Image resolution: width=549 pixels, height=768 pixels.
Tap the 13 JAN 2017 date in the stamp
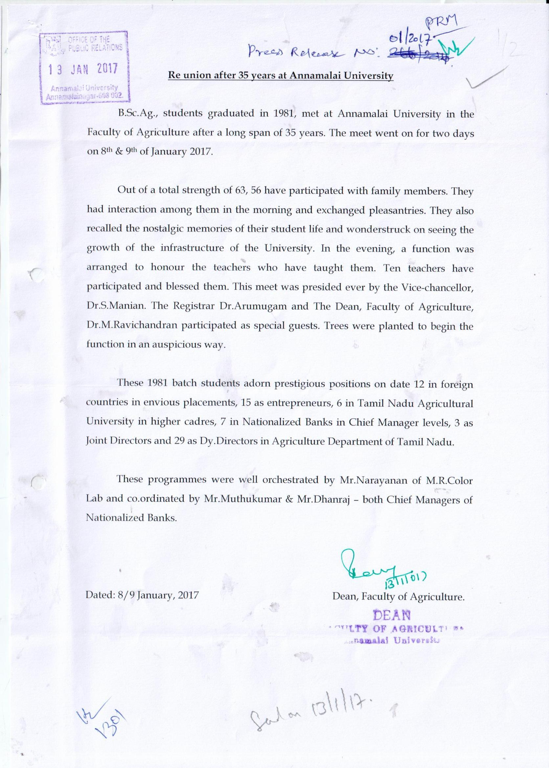(83, 69)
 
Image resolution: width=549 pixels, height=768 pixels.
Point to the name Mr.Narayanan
(372, 480)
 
